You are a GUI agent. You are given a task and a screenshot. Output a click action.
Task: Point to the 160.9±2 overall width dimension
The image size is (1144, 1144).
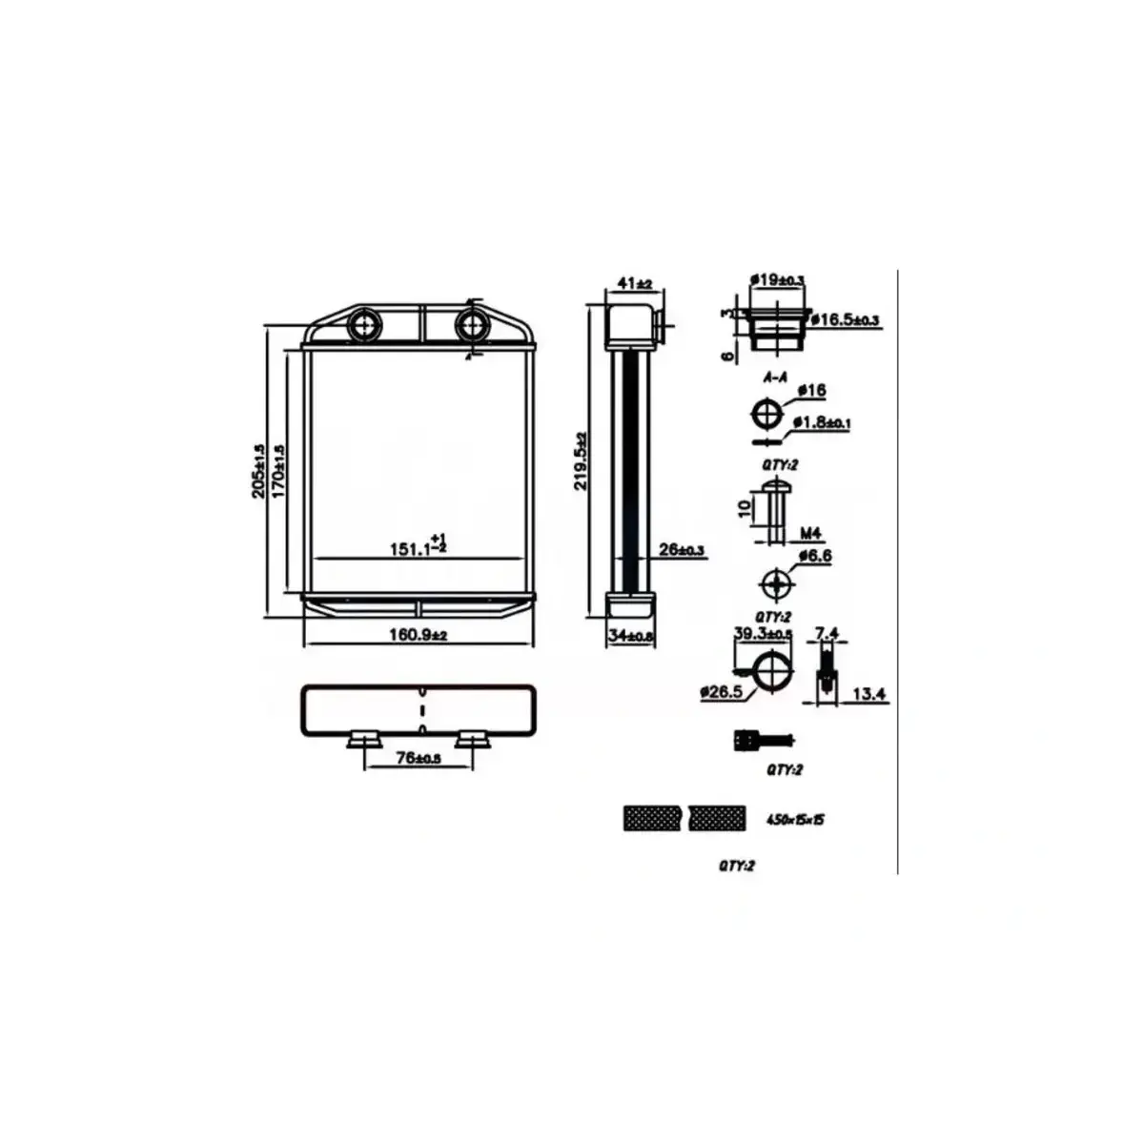click(419, 634)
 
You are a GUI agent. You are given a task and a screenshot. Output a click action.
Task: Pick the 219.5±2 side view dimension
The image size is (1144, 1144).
click(581, 461)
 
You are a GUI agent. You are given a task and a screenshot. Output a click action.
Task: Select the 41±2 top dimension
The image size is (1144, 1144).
click(634, 283)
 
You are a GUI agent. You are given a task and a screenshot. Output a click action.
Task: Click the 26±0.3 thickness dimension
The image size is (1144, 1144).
click(681, 549)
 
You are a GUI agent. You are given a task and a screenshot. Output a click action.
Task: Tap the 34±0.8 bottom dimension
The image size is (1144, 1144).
click(631, 634)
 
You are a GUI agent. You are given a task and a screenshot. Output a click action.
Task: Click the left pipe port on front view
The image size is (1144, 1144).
click(364, 326)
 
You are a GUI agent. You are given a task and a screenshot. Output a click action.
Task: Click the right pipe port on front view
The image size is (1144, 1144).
click(471, 326)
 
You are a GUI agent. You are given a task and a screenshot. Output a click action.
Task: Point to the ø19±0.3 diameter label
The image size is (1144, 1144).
click(777, 279)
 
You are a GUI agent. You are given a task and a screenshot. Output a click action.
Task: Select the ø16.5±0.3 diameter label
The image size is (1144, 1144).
click(848, 319)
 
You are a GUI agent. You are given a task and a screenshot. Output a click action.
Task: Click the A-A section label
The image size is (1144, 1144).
click(776, 378)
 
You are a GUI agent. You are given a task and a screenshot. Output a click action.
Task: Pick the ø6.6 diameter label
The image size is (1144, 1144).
click(814, 556)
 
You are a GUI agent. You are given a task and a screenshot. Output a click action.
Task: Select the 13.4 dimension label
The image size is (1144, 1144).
click(868, 695)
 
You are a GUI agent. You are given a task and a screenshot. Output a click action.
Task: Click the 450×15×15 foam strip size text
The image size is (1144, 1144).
click(795, 819)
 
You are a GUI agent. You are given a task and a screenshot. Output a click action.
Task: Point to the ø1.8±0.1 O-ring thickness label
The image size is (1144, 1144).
click(826, 422)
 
